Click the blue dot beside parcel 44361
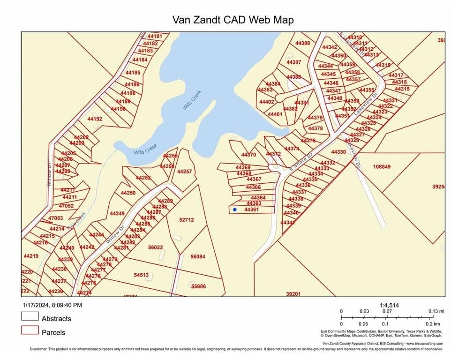235,210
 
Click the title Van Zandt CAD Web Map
233,20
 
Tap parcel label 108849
382,166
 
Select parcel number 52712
186,219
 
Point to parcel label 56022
155,247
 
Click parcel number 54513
141,275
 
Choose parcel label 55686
198,286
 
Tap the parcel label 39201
293,294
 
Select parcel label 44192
95,119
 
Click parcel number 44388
302,43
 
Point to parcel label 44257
184,172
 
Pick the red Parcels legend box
30,330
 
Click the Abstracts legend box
30,316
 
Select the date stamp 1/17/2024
38,305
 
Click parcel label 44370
248,155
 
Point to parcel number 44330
338,152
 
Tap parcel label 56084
198,256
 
